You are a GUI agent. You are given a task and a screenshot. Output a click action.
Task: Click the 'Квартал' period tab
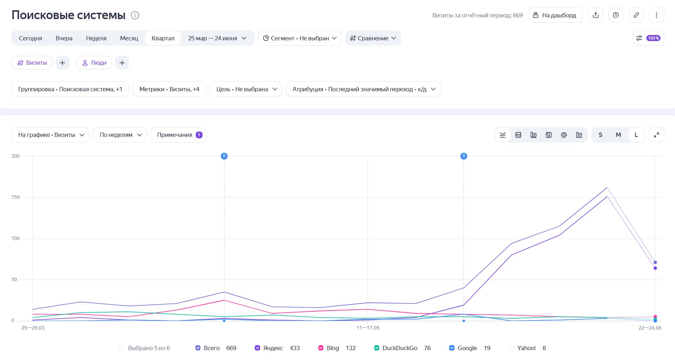(x=163, y=38)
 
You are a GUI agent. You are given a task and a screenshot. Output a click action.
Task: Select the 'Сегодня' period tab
(x=30, y=38)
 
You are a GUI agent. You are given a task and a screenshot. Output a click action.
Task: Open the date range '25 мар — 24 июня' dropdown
(x=217, y=38)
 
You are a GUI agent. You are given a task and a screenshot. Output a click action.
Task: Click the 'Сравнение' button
(x=373, y=38)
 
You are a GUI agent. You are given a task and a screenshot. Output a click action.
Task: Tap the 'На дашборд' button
(x=555, y=15)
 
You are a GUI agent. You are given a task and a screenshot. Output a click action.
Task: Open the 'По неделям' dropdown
(x=120, y=135)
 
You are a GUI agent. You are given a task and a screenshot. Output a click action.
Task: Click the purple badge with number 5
(x=199, y=135)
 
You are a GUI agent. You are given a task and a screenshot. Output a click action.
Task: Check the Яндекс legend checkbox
(x=257, y=348)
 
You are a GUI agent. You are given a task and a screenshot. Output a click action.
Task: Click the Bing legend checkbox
(x=321, y=348)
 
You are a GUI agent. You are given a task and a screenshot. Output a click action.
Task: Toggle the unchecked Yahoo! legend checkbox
(x=511, y=348)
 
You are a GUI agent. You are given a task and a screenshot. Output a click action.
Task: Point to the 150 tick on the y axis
(x=16, y=197)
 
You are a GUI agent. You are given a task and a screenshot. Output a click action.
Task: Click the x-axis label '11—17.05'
(x=368, y=328)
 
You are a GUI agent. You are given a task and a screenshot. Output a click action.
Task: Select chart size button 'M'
(x=618, y=135)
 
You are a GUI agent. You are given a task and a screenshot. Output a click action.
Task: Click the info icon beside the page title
(x=135, y=15)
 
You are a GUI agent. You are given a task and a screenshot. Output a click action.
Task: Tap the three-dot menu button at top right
(x=656, y=15)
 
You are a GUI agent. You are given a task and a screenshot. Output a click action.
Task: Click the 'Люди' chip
(x=94, y=63)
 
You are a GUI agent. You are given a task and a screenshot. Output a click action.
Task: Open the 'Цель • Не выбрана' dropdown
(x=246, y=89)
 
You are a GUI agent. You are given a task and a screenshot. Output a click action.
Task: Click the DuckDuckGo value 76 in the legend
(x=427, y=348)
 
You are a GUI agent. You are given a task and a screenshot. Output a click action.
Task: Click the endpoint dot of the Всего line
(x=655, y=262)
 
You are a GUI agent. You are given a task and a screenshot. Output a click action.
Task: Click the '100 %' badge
(x=653, y=38)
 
